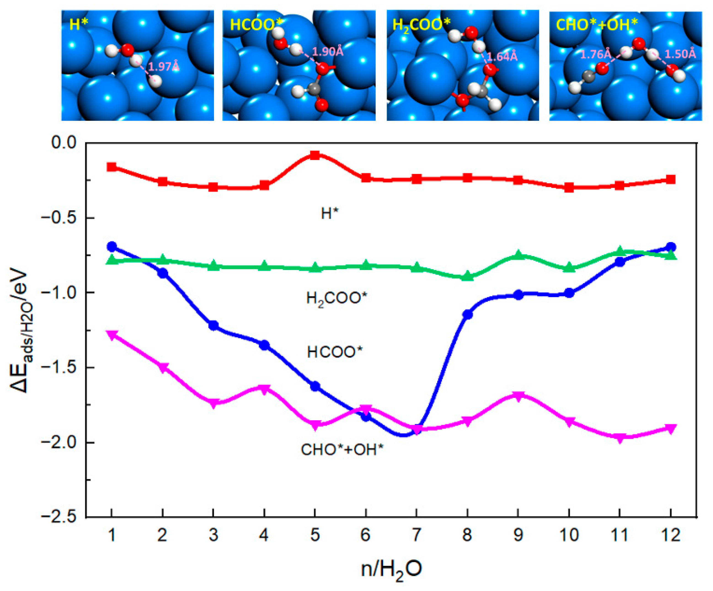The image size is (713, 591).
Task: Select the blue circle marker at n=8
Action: pyautogui.click(x=467, y=315)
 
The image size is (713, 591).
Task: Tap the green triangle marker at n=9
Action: pyautogui.click(x=518, y=254)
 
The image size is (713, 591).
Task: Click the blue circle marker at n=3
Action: pyautogui.click(x=213, y=325)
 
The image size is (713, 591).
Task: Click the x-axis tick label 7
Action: pyautogui.click(x=416, y=535)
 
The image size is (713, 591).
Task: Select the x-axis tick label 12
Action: pyautogui.click(x=670, y=535)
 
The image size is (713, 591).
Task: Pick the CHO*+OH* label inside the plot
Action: pyautogui.click(x=342, y=450)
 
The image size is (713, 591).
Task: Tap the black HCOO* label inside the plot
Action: pyautogui.click(x=335, y=352)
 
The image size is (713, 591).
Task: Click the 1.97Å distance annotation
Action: pyautogui.click(x=164, y=67)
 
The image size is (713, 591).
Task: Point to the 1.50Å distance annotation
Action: pyautogui.click(x=680, y=54)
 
